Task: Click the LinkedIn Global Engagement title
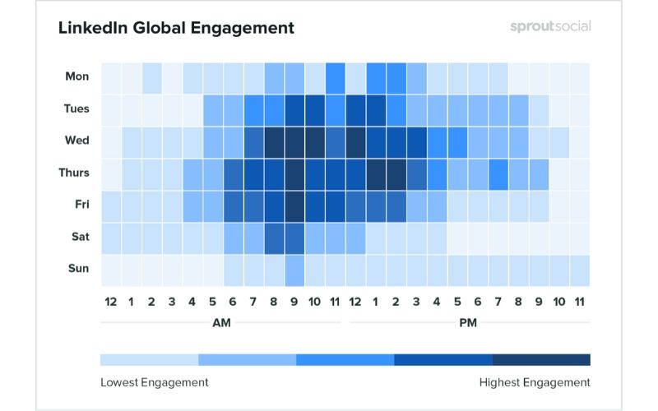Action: coord(176,28)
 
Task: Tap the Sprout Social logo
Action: coord(549,26)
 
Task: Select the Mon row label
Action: coord(77,76)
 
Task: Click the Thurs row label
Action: coord(75,173)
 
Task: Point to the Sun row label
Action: coord(79,269)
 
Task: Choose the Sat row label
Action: coord(79,237)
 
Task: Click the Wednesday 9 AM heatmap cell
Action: coord(294,141)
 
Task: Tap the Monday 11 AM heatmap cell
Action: coord(335,76)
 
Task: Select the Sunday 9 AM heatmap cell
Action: coord(294,269)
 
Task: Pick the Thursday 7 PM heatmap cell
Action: coord(498,173)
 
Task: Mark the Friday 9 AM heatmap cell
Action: coord(294,205)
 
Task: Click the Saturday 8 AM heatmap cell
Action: coord(274,237)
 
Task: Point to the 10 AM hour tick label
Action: coord(314,302)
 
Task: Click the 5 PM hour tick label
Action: coord(457,302)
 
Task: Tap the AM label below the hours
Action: coord(221,323)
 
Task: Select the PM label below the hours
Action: coord(468,323)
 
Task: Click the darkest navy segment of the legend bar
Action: coord(541,359)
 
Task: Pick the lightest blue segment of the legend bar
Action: coord(149,359)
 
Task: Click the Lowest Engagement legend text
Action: coord(155,382)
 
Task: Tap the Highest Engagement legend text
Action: coord(535,382)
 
